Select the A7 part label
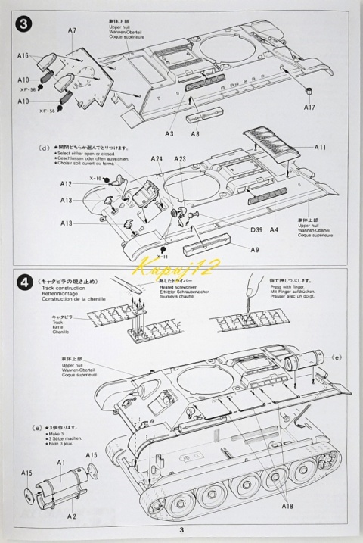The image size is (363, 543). (72, 30)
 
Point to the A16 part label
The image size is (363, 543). (22, 56)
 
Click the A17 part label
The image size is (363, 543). (309, 108)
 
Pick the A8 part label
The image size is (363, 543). (195, 134)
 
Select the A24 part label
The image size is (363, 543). (157, 159)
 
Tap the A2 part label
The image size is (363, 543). (71, 516)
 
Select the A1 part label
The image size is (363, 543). (62, 462)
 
